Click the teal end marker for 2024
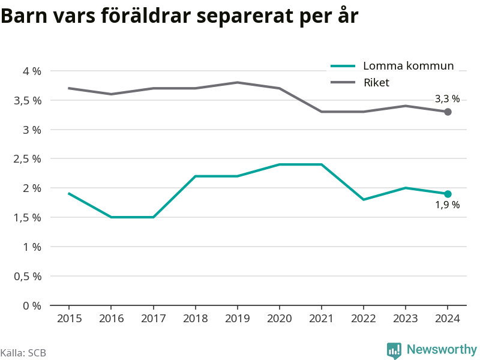point(448,194)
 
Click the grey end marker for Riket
point(448,112)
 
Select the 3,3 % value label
point(447,98)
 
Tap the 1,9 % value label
point(447,205)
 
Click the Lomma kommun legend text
point(409,66)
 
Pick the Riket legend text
point(376,83)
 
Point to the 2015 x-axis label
point(69,319)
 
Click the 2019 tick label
point(237,319)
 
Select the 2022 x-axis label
point(364,319)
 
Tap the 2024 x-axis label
point(447,319)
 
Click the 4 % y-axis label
point(32,71)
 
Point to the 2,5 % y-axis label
point(27,159)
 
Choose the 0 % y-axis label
point(32,305)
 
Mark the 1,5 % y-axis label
point(27,218)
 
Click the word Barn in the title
point(24,16)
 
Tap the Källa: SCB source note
point(23,353)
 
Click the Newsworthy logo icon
point(394,350)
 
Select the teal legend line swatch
point(343,66)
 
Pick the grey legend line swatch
point(343,82)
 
